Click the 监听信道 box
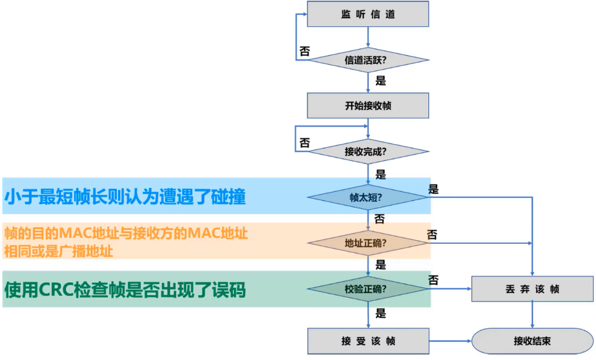(368, 14)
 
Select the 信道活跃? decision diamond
(368, 60)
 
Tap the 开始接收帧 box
(368, 106)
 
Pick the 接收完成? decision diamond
(368, 151)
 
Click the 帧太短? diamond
(368, 197)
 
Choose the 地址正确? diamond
(368, 243)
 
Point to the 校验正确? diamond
(368, 289)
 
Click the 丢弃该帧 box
(532, 289)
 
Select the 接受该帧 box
(368, 341)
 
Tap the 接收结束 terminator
(532, 341)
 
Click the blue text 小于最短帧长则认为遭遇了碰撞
(125, 197)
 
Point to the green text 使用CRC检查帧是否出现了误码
(125, 290)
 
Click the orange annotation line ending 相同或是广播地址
(59, 251)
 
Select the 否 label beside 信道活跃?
(304, 51)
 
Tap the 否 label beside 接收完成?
(304, 143)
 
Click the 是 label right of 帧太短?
(434, 189)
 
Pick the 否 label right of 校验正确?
(434, 280)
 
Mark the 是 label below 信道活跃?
(381, 81)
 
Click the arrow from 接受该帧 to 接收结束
(450, 341)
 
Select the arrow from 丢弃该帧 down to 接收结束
(532, 314)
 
